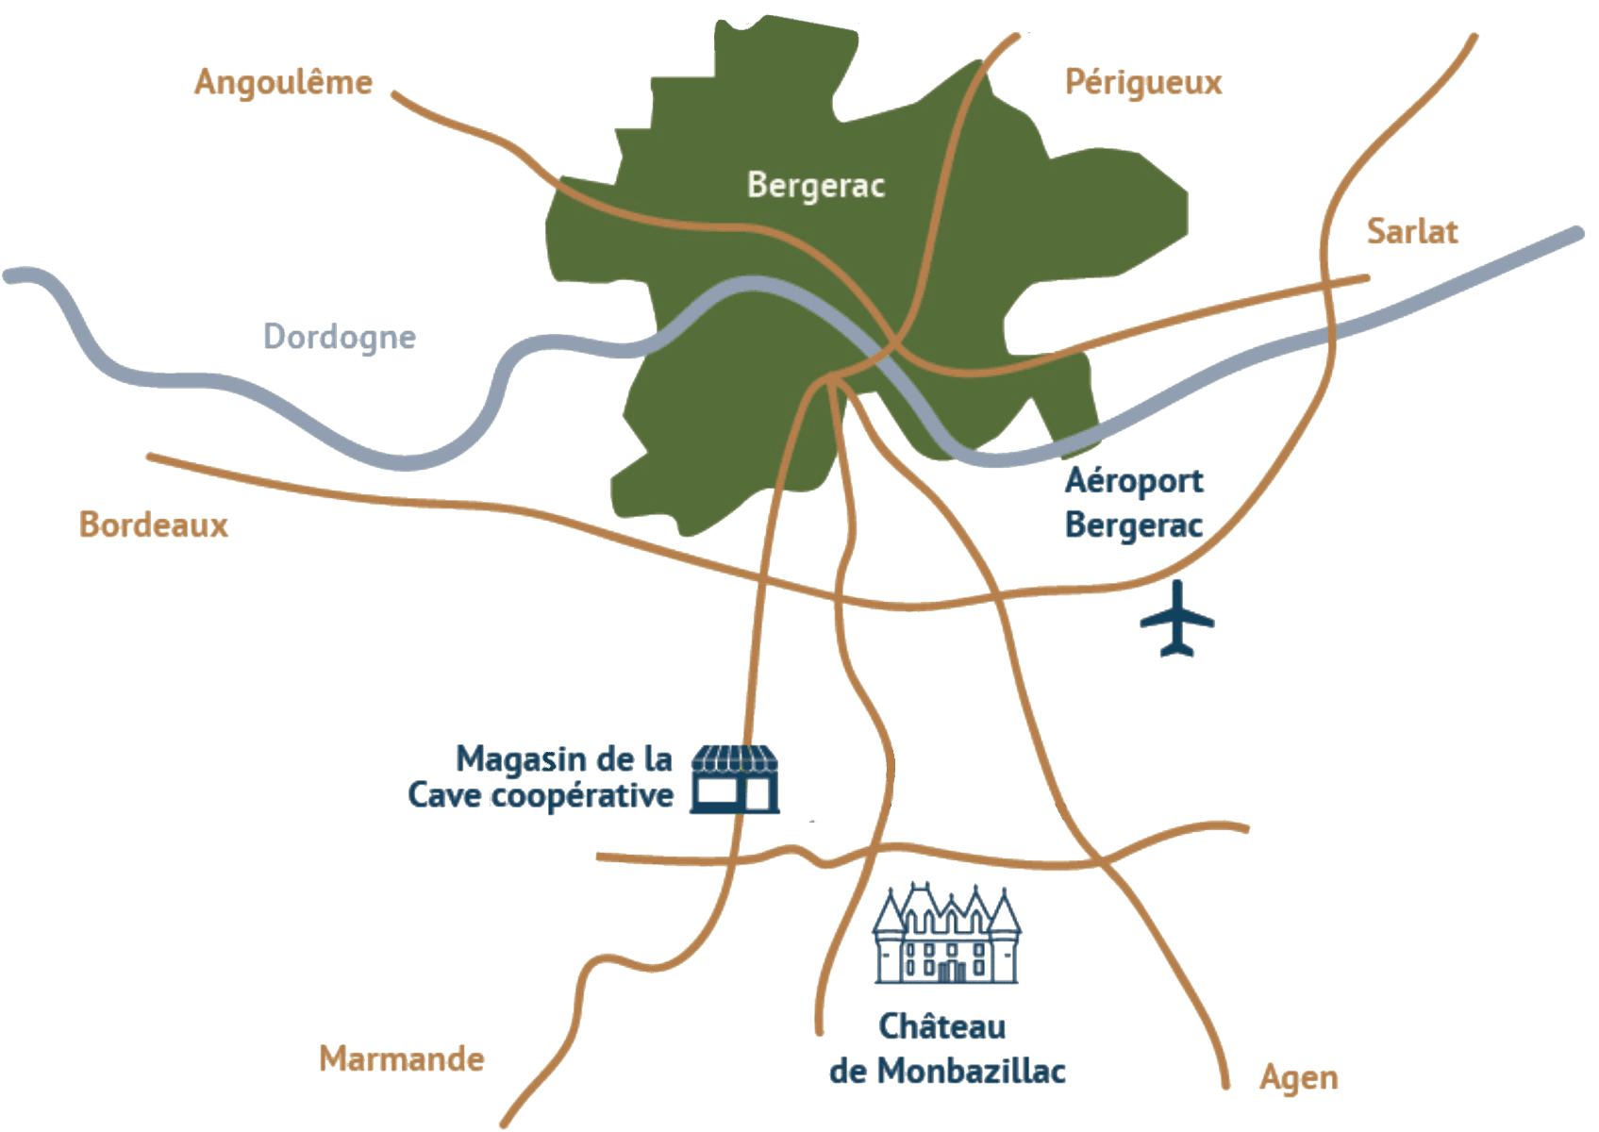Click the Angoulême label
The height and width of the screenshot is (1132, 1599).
[283, 83]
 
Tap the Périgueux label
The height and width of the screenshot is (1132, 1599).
[1143, 83]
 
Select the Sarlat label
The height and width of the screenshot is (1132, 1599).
[1412, 232]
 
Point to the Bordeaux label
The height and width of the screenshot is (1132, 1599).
[154, 524]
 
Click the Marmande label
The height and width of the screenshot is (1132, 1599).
[402, 1058]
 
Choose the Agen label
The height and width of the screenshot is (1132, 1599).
[1299, 1076]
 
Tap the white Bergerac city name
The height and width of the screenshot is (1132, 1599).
[816, 186]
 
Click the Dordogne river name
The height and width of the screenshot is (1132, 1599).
[340, 337]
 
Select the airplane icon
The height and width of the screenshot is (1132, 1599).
[1177, 618]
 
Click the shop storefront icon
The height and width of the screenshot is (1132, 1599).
[735, 778]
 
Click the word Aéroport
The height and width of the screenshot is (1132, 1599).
[1135, 482]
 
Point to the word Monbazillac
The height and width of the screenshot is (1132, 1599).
[972, 1072]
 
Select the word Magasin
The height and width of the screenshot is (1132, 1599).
[510, 758]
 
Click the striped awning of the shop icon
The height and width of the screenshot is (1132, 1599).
[735, 757]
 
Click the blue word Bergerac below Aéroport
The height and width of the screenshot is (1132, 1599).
[1135, 524]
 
